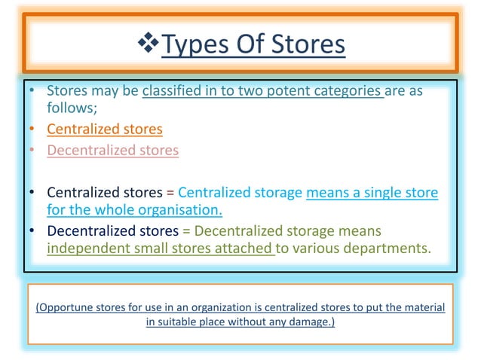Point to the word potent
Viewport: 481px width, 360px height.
coord(296,92)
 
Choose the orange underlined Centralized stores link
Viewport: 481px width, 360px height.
coord(105,129)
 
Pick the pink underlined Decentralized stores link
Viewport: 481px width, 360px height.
coord(113,150)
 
